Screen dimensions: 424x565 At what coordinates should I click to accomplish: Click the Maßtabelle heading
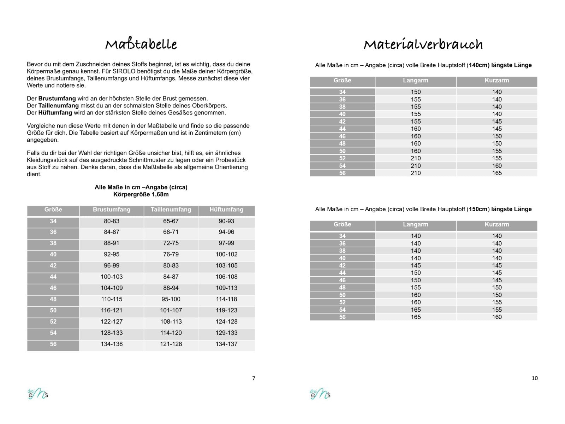pyautogui.click(x=141, y=45)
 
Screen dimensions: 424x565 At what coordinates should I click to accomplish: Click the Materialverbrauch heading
pyautogui.click(x=423, y=45)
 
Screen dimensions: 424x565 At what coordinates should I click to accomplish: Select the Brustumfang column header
pyautogui.click(x=112, y=210)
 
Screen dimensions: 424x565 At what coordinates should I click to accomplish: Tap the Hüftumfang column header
pyautogui.click(x=226, y=210)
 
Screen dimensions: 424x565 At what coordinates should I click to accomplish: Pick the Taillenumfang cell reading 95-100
pyautogui.click(x=171, y=299)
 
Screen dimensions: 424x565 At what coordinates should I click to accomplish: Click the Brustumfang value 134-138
pyautogui.click(x=112, y=344)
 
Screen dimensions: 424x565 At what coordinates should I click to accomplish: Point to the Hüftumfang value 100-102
pyautogui.click(x=226, y=254)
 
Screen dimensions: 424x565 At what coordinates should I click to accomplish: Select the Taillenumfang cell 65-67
pyautogui.click(x=171, y=221)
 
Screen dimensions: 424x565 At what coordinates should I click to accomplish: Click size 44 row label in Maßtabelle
pyautogui.click(x=53, y=277)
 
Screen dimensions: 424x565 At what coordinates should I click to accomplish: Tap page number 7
pyautogui.click(x=254, y=378)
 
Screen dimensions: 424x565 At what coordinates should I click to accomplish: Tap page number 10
pyautogui.click(x=535, y=378)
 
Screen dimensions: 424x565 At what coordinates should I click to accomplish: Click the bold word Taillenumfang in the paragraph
pyautogui.click(x=58, y=106)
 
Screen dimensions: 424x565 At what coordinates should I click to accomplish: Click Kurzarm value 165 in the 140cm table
pyautogui.click(x=497, y=173)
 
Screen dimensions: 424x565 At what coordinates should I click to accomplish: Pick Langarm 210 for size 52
pyautogui.click(x=416, y=158)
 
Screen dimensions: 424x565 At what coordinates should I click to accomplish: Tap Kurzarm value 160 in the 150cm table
pyautogui.click(x=497, y=317)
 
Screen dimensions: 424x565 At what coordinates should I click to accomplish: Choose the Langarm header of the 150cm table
pyautogui.click(x=416, y=224)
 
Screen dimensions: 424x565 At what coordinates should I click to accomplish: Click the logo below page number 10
pyautogui.click(x=320, y=394)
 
